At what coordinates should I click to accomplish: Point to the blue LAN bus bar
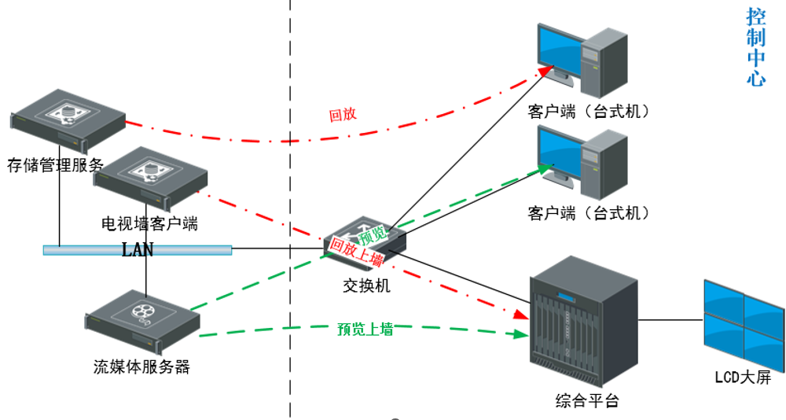click(138, 250)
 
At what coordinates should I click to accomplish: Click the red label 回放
click(343, 115)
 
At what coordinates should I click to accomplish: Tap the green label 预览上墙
click(365, 330)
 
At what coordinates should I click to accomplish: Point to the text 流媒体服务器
click(141, 367)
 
